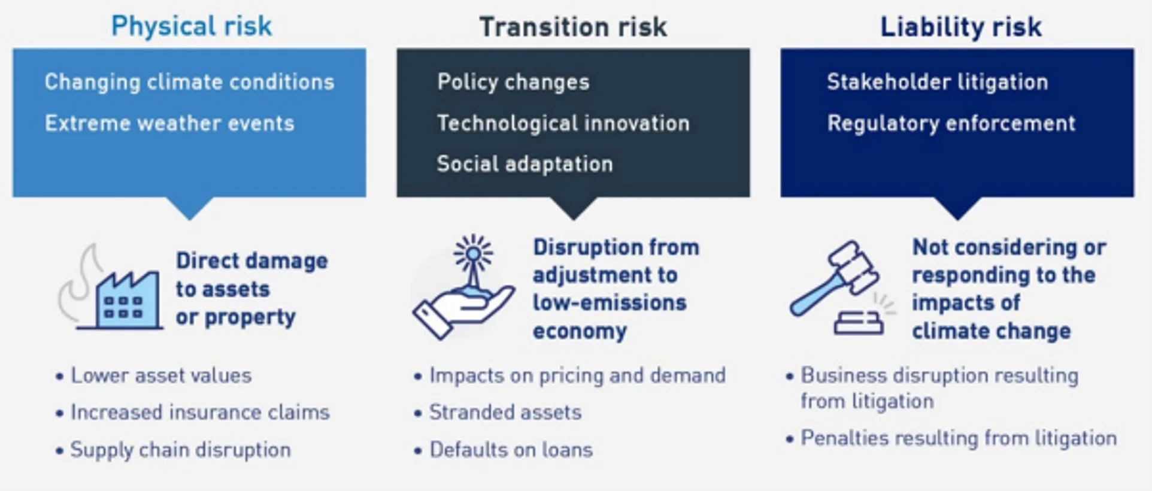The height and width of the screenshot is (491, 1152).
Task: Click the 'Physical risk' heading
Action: click(192, 26)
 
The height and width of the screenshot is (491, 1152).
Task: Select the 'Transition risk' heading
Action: click(573, 27)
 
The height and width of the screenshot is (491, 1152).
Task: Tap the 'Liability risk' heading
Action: click(961, 27)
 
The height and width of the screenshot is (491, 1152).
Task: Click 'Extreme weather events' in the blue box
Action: click(169, 123)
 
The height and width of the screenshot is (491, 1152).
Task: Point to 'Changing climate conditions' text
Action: click(189, 82)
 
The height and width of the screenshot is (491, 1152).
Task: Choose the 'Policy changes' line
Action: click(513, 82)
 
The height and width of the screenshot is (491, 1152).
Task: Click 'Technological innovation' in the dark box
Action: click(563, 123)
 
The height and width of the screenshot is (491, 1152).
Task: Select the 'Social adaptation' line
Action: click(525, 164)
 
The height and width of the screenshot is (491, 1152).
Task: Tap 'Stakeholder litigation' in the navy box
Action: click(937, 82)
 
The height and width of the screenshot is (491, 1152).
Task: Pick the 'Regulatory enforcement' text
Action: click(951, 123)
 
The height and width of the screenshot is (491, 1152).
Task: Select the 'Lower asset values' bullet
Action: click(153, 376)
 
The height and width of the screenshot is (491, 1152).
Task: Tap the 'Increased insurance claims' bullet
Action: click(192, 413)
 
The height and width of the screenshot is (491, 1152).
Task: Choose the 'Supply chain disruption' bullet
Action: click(173, 450)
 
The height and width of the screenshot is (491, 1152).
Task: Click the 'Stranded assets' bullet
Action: click(498, 413)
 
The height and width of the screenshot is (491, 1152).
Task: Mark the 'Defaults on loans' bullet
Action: click(503, 450)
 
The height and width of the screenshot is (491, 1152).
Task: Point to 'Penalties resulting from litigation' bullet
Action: click(951, 438)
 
